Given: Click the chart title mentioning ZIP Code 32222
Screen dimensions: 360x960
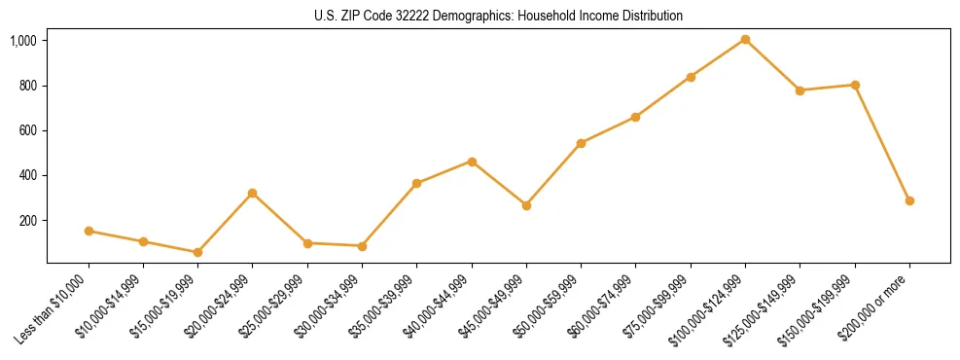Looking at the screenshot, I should click(x=498, y=16).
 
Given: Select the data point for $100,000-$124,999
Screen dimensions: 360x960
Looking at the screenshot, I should click(x=745, y=39).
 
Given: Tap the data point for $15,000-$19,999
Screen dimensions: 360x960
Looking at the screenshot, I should click(x=197, y=252).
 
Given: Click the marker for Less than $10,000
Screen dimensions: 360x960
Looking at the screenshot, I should click(x=89, y=231).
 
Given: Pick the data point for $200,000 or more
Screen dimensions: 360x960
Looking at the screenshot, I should click(x=909, y=200).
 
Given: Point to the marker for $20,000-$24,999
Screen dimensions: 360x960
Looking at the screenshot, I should click(x=252, y=193).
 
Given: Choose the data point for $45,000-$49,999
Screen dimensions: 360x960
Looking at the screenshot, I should click(x=526, y=205).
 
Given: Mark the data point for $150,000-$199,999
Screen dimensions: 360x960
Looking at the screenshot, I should click(x=855, y=85).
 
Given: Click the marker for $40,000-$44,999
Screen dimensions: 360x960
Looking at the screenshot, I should click(x=472, y=162).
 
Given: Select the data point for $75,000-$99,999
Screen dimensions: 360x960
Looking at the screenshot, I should click(x=691, y=77).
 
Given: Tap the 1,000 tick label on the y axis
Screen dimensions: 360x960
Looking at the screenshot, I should click(x=23, y=41).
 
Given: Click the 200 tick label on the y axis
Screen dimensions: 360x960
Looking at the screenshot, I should click(x=28, y=221).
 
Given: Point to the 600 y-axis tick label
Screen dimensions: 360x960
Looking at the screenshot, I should click(x=28, y=130).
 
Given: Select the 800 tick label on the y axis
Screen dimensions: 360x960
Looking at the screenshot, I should click(x=28, y=86).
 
